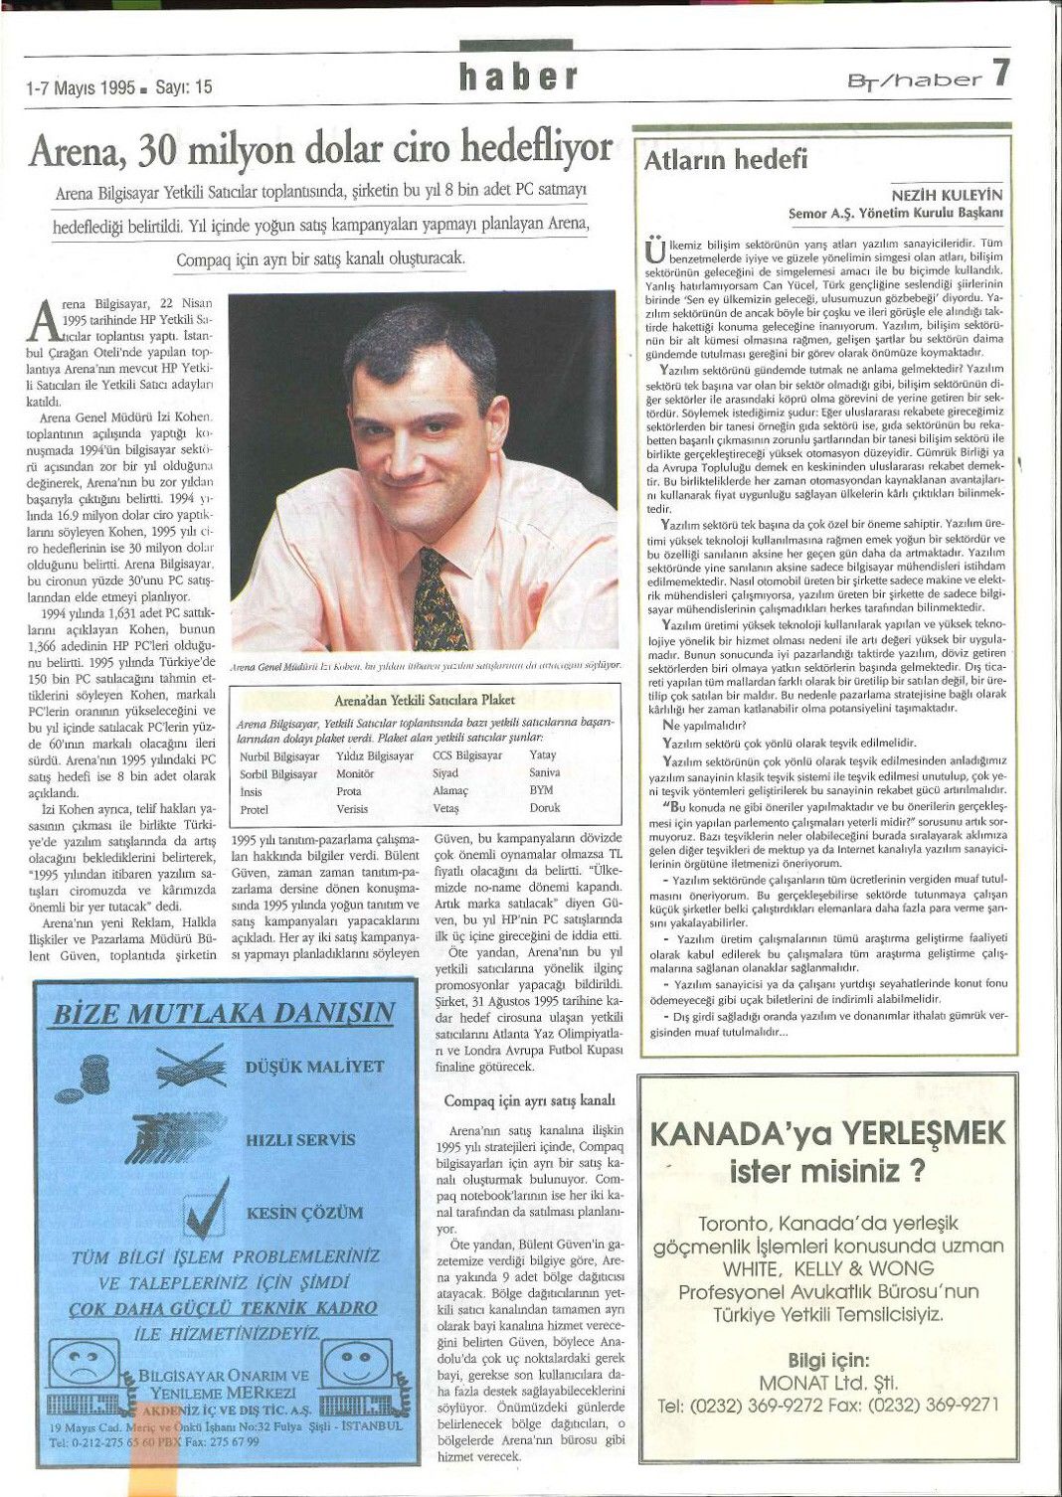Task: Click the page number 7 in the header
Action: point(999,74)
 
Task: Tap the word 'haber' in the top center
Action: point(518,77)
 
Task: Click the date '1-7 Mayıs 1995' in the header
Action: point(81,87)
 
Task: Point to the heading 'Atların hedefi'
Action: point(726,159)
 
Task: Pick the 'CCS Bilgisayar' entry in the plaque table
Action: point(467,755)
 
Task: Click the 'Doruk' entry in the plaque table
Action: point(545,809)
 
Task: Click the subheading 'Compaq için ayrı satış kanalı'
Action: point(530,1100)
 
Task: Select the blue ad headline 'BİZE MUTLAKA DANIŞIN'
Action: point(224,1014)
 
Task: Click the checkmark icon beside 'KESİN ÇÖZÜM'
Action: point(208,1211)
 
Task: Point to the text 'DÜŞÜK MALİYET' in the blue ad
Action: point(314,1067)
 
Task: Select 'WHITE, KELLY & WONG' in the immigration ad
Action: point(828,1268)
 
